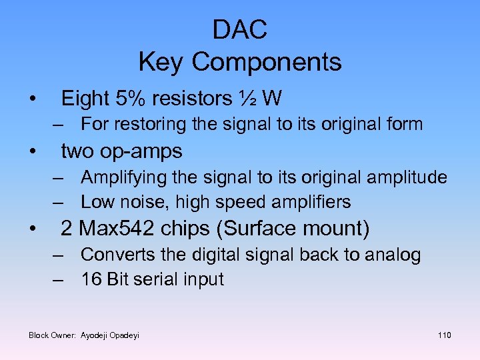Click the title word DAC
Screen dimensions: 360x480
[x=240, y=30]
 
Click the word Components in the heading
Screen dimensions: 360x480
[x=267, y=63]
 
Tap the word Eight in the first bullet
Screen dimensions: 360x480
[x=85, y=99]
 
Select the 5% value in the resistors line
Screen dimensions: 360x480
[x=130, y=99]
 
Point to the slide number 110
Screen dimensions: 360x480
[x=444, y=335]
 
